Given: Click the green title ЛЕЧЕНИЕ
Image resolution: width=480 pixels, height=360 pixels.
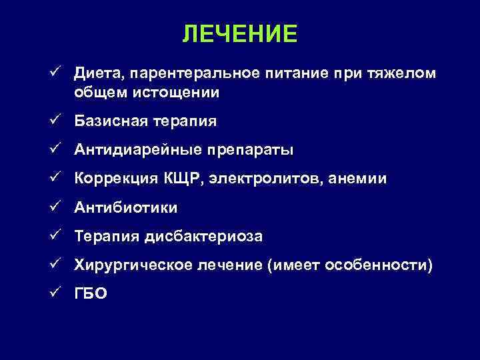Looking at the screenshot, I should (x=240, y=34).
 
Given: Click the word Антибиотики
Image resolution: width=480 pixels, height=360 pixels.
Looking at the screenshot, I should (x=126, y=208).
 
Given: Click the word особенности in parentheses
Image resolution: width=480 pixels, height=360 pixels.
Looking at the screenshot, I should (x=379, y=265).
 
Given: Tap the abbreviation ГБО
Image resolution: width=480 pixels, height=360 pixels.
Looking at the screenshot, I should (x=91, y=294).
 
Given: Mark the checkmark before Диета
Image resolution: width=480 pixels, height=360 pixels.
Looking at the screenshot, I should (x=59, y=72).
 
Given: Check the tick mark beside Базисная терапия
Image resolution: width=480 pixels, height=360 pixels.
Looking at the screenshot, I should (x=59, y=121).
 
